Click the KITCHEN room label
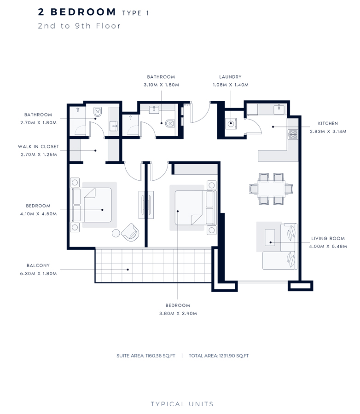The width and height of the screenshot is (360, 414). pos(328,123)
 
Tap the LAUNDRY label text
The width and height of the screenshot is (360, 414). pos(230,77)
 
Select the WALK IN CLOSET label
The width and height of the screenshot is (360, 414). pos(39,147)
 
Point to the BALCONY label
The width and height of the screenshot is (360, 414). pos(38,265)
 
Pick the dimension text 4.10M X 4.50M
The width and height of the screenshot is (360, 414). pos(39,214)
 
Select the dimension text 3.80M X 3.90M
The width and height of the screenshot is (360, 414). pos(178,313)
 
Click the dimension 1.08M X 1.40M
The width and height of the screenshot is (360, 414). pos(230,85)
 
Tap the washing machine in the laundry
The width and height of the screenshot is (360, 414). pos(230,123)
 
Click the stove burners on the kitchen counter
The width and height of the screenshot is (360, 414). pos(292,134)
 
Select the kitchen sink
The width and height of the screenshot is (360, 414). pos(279,109)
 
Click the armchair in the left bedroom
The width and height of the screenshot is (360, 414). pos(130,232)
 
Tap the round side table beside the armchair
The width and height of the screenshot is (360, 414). pos(116,233)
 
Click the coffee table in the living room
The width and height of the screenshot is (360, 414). pos(270,236)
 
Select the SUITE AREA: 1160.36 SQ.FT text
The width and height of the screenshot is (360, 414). pos(146,356)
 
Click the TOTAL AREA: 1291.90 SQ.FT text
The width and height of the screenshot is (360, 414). pos(219,356)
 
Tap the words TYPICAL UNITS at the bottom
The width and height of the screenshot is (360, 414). pos(182,404)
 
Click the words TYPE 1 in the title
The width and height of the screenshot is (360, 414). pos(136,13)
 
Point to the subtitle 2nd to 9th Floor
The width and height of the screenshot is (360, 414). pos(80,26)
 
